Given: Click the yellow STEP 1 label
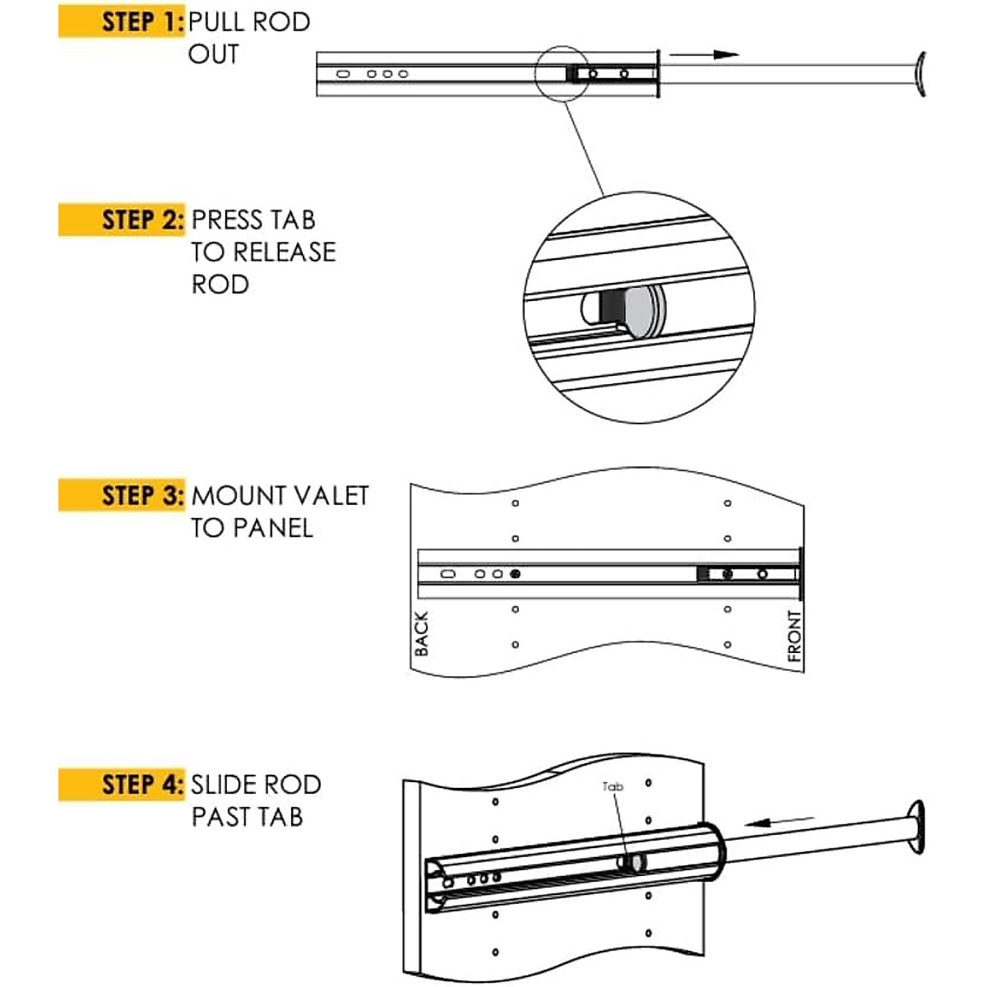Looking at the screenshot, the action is pos(122,21).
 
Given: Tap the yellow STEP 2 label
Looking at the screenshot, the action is pos(122,220).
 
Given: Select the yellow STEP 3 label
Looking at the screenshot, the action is pos(122,495).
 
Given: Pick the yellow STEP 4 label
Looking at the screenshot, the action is pos(122,785).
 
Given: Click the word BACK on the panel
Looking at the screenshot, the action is pos(421,633).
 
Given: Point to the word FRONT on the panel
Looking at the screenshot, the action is pos(794,636).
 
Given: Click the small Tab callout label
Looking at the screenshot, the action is pos(613,787).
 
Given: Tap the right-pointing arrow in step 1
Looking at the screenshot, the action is pos(704,54).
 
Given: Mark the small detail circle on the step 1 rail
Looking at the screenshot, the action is pos(562,72).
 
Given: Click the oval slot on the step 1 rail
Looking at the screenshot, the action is pos(344,74).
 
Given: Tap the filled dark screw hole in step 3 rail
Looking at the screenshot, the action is pos(515,573).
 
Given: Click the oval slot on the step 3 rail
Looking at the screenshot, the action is pos(447,574).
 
